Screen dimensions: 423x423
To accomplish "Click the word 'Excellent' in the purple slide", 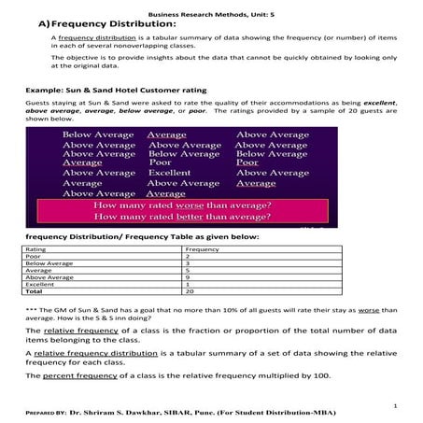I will (169, 173).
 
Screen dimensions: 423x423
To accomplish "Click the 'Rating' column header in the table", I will (36, 250).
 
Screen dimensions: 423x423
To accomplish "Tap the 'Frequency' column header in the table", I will (203, 250).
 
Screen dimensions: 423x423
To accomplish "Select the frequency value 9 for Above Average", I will (189, 277).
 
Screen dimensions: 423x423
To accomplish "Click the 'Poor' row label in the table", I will (35, 257).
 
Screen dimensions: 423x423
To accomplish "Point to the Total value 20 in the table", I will (190, 290).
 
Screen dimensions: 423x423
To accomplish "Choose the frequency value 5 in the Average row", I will (189, 271).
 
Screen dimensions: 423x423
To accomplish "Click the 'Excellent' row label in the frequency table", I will (40, 284).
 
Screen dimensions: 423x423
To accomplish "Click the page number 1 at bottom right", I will (396, 405).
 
